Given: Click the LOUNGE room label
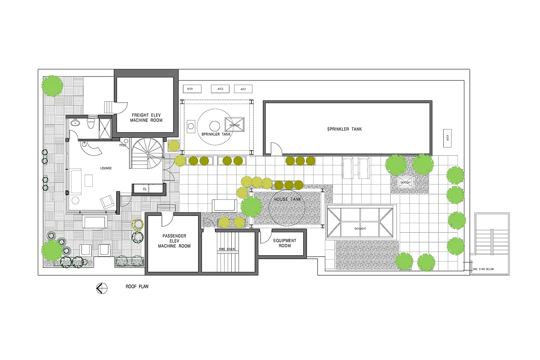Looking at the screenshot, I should coord(106,168).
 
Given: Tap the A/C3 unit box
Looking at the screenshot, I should coord(220,89).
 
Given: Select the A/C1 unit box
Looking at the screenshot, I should coord(243,89).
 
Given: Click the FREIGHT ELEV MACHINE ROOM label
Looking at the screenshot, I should coord(146,118).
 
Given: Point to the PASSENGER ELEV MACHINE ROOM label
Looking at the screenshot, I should coord(174,241).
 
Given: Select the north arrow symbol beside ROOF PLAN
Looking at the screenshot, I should coord(102,288).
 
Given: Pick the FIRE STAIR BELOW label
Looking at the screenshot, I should coord(483,270).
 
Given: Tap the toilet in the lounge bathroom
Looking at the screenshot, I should coord(91,123).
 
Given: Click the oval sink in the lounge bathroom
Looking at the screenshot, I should coord(75,122).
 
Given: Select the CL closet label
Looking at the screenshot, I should coord(144,189).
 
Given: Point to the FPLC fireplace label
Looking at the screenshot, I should coord(122,145).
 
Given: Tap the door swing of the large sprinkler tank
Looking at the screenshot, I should coord(275,148).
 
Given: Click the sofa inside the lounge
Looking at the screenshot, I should coord(75,179).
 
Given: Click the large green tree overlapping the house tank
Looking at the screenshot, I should coord(251,207).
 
